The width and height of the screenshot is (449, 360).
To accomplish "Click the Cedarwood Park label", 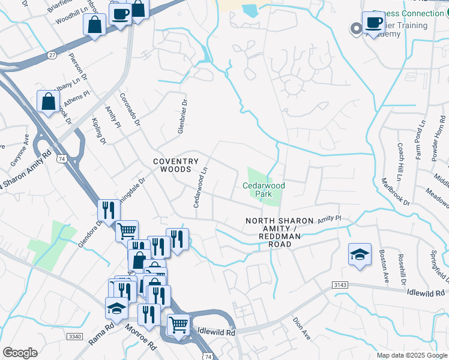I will [264, 190].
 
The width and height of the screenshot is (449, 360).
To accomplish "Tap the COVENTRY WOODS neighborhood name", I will [175, 166].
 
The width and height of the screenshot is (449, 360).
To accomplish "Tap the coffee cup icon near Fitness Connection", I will [374, 23].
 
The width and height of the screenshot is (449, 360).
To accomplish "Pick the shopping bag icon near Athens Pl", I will [48, 101].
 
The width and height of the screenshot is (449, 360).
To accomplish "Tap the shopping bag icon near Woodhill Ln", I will [95, 25].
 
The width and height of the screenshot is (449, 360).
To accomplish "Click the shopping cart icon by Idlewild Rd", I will [178, 325].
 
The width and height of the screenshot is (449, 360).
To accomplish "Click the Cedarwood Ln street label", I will [200, 188].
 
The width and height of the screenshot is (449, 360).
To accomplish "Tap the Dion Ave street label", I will [302, 329].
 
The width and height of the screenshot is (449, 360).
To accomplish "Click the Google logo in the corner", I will [20, 353].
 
